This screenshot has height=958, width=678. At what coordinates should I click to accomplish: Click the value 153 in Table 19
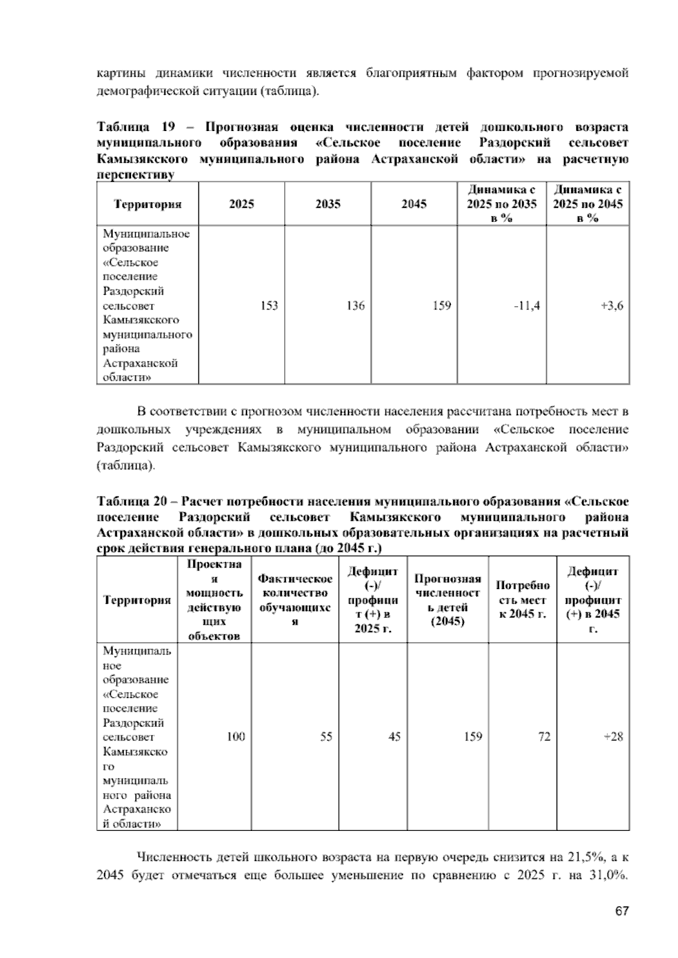tap(269, 306)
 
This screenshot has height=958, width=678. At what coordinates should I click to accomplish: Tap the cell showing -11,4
tap(527, 306)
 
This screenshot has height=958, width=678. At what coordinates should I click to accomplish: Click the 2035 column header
tap(328, 204)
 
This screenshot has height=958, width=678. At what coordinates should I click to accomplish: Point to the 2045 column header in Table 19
tap(414, 204)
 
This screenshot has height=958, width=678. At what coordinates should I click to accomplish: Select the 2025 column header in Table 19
tap(241, 204)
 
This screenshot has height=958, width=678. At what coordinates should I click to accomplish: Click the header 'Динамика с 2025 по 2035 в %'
tap(501, 204)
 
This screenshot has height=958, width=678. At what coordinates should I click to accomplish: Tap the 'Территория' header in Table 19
tap(148, 204)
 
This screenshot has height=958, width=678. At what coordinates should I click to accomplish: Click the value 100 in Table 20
tap(236, 737)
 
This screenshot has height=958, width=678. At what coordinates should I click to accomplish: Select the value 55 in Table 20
tap(326, 737)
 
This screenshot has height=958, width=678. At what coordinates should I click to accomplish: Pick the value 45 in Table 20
tap(394, 737)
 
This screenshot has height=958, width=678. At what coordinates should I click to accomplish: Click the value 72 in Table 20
tap(544, 737)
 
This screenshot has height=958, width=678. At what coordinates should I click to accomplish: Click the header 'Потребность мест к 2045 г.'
tap(523, 600)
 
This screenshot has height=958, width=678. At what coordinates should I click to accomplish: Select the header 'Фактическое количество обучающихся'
tap(295, 600)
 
